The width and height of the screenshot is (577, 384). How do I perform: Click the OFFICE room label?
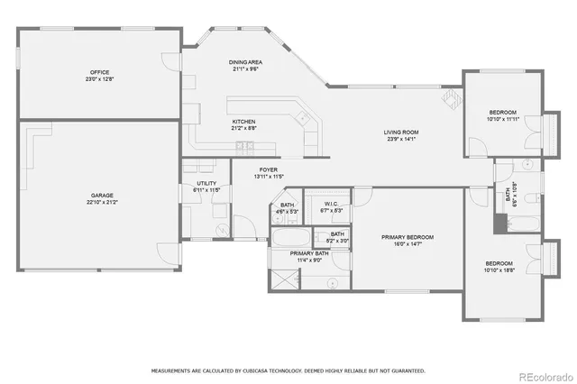(x=99, y=72)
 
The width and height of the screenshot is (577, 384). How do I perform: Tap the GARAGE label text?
(x=101, y=195)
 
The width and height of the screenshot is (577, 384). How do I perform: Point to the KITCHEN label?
(x=244, y=122)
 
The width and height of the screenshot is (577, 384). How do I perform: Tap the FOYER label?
(x=269, y=169)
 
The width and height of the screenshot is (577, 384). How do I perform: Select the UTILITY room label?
(x=207, y=184)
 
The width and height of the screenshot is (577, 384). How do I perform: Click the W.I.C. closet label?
(x=331, y=204)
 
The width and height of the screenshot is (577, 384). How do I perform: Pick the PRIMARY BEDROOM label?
(x=408, y=237)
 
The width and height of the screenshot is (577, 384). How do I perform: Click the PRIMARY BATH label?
(x=310, y=254)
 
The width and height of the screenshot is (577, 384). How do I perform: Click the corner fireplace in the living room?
(x=448, y=98)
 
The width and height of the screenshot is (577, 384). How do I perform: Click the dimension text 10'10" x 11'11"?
(x=502, y=119)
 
